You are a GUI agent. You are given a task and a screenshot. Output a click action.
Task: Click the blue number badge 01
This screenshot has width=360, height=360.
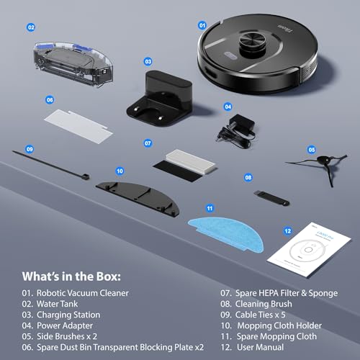pos(202,24)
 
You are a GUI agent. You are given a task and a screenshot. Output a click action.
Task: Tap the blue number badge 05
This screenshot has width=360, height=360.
pos(312,149)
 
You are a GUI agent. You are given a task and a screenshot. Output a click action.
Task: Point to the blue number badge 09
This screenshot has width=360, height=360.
pos(30,149)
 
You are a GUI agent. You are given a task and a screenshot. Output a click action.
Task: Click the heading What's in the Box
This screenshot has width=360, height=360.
pos(73,276)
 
